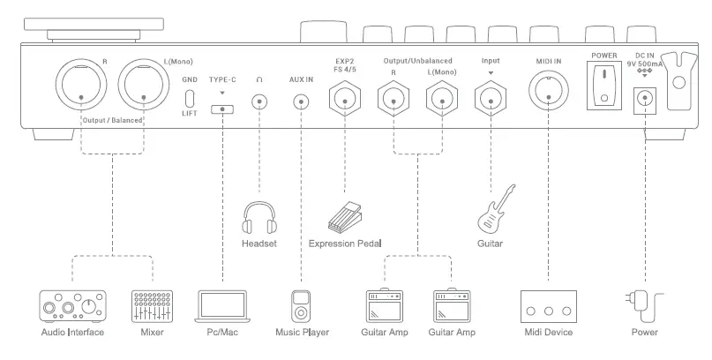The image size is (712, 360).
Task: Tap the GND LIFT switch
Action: point(189,97)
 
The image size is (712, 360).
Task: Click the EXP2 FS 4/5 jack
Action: point(346,99)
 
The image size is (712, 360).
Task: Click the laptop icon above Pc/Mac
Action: point(221,304)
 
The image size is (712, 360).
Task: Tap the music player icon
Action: point(302,305)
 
